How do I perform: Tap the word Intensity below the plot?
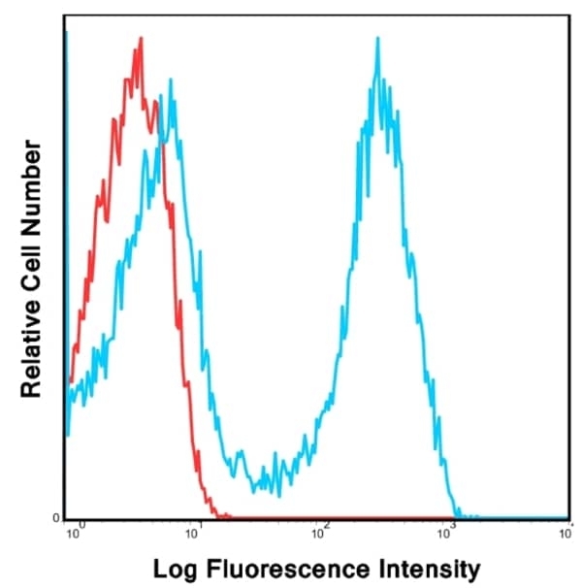[x=425, y=567]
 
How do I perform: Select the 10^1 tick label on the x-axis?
[x=198, y=529]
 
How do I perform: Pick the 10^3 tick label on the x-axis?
[x=446, y=529]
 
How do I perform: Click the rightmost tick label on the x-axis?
[x=566, y=529]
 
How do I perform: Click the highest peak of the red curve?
[x=141, y=40]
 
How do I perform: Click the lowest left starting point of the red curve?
[x=71, y=382]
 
